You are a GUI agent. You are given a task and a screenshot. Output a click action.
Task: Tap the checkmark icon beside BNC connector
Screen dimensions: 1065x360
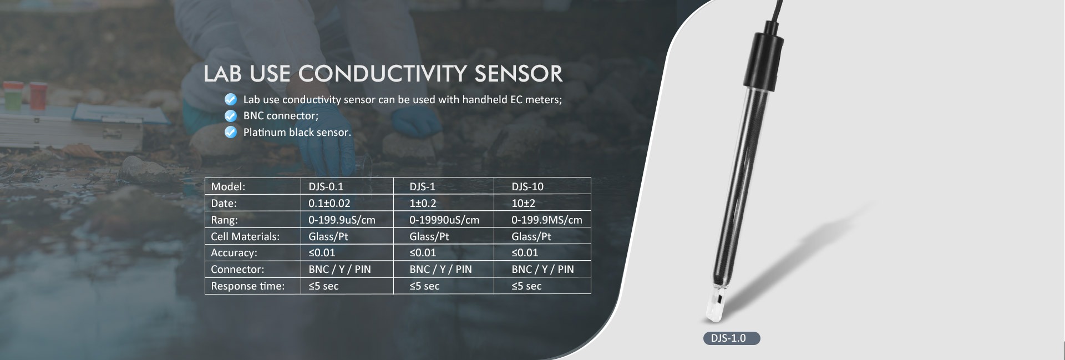click(230, 116)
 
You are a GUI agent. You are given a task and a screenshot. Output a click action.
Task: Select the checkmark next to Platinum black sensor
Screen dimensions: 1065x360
click(230, 132)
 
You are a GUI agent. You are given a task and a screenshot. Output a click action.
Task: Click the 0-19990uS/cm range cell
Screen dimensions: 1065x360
click(444, 220)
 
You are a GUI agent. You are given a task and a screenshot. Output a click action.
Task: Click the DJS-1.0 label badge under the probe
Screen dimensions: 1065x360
click(732, 338)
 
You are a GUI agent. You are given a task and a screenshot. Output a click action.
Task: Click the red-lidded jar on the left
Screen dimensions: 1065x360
click(38, 95)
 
